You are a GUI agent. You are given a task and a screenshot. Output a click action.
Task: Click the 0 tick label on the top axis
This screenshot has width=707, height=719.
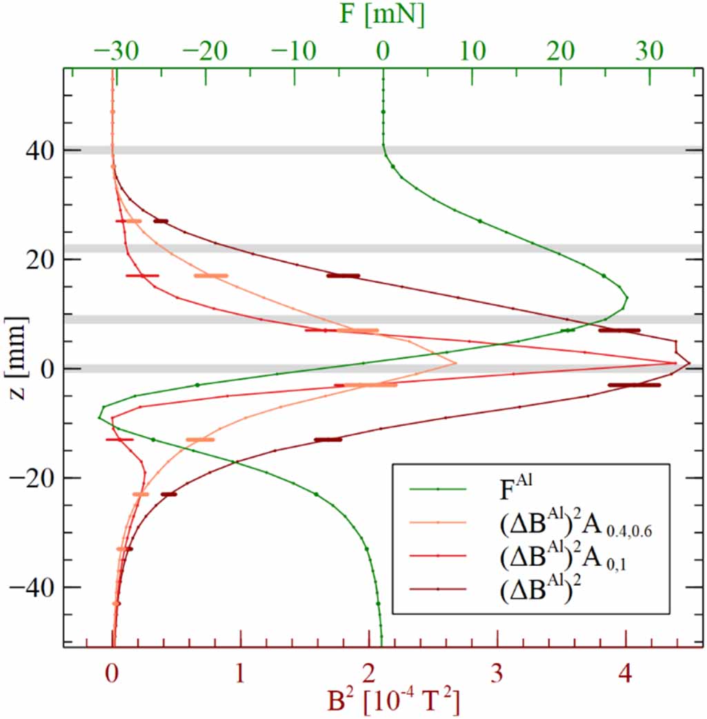[x=384, y=51]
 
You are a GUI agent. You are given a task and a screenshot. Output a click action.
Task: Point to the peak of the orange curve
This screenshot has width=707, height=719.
[x=456, y=363]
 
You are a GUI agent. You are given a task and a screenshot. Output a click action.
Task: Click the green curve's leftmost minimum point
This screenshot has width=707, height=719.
[x=99, y=417]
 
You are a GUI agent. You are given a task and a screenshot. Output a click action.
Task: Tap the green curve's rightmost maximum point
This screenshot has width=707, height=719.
[x=626, y=298]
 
